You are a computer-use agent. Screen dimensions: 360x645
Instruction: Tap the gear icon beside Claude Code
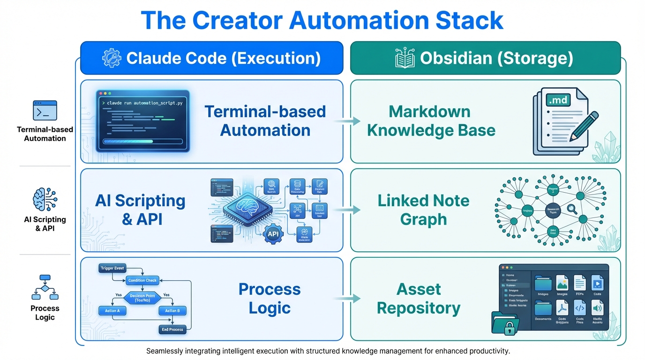pyautogui.click(x=112, y=58)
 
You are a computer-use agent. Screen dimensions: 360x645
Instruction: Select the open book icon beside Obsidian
pyautogui.click(x=405, y=58)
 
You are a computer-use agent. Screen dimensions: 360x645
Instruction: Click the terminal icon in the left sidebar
pyautogui.click(x=45, y=111)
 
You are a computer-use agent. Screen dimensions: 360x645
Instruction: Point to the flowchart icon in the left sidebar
pyautogui.click(x=45, y=287)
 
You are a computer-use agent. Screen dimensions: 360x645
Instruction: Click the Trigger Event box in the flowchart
pyautogui.click(x=112, y=268)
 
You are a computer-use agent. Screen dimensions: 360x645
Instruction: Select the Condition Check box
pyautogui.click(x=142, y=280)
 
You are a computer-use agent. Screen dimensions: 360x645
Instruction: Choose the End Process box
pyautogui.click(x=172, y=330)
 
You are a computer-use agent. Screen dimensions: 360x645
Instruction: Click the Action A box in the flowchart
pyautogui.click(x=112, y=310)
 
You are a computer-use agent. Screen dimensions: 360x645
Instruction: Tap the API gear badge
pyautogui.click(x=274, y=233)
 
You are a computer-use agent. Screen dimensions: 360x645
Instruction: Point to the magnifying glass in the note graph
pyautogui.click(x=572, y=209)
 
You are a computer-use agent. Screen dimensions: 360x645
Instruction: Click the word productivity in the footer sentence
pyautogui.click(x=487, y=351)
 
